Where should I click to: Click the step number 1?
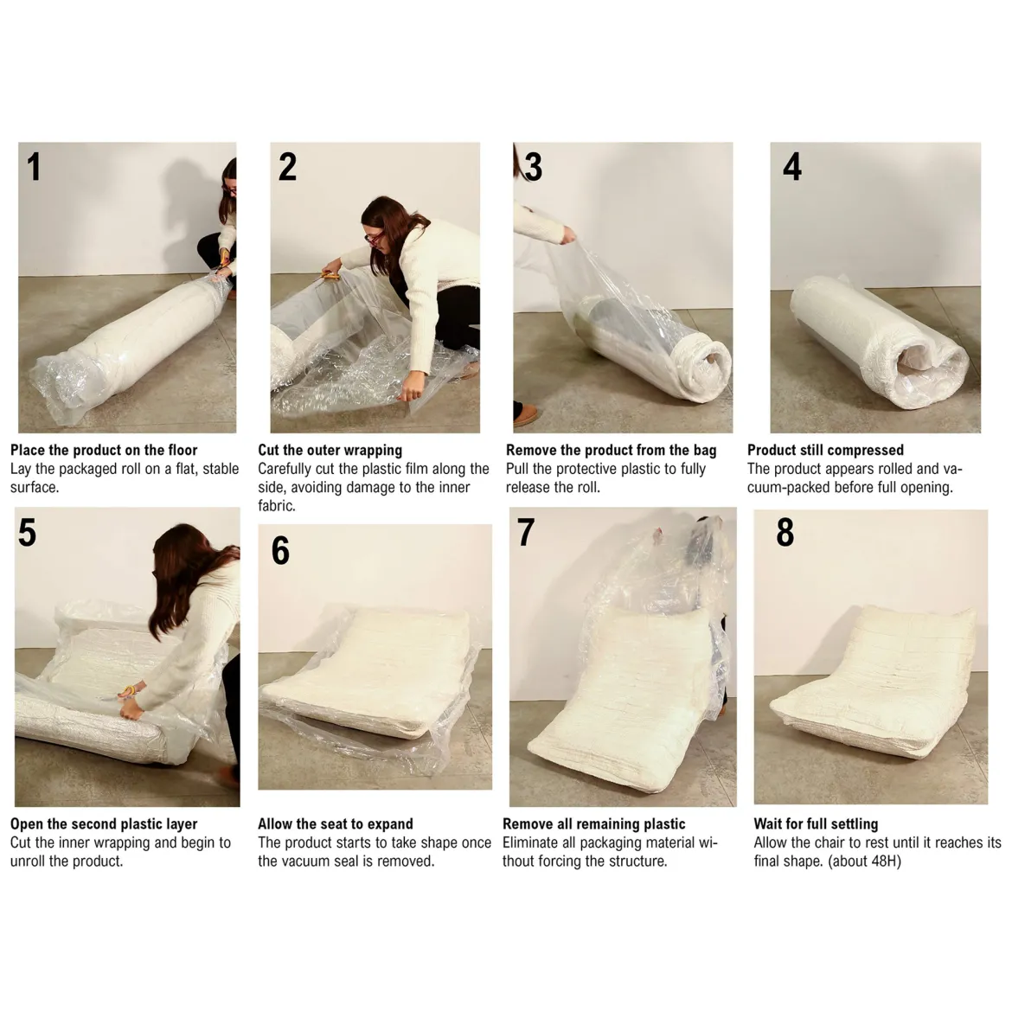34,167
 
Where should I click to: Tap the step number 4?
792,167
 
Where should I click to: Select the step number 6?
280,550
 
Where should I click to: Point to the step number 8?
785,533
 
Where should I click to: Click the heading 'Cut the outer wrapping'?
330,450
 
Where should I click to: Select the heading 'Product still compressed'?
825,450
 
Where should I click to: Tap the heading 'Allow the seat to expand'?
335,823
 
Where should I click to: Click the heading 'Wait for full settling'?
816,823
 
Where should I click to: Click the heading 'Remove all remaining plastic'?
593,823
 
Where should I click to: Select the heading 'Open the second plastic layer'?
104,823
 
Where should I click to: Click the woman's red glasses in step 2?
373,238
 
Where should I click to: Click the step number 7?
526,533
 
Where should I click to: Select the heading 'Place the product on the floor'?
104,450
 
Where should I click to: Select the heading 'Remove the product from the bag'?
612,450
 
